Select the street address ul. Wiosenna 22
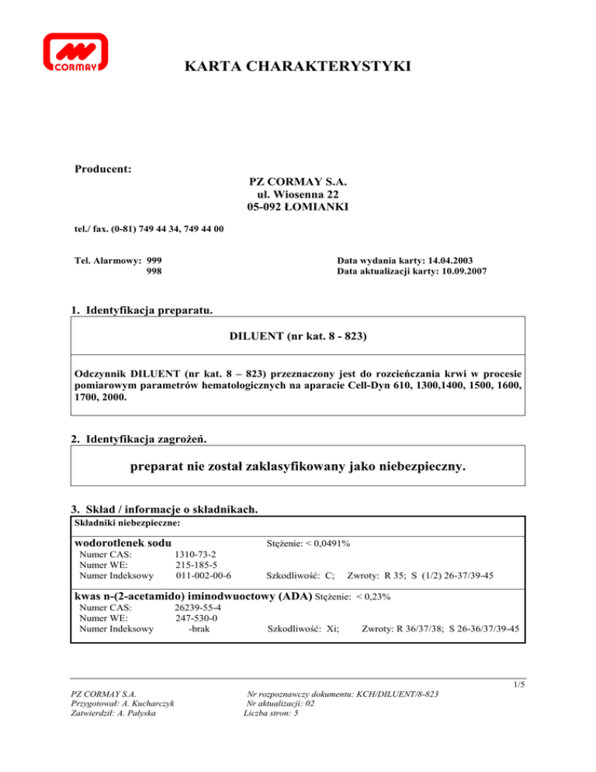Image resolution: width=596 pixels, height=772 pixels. (x=298, y=193)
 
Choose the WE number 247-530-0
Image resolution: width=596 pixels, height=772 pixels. (x=196, y=618)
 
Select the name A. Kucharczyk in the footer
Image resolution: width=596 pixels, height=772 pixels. (x=144, y=704)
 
